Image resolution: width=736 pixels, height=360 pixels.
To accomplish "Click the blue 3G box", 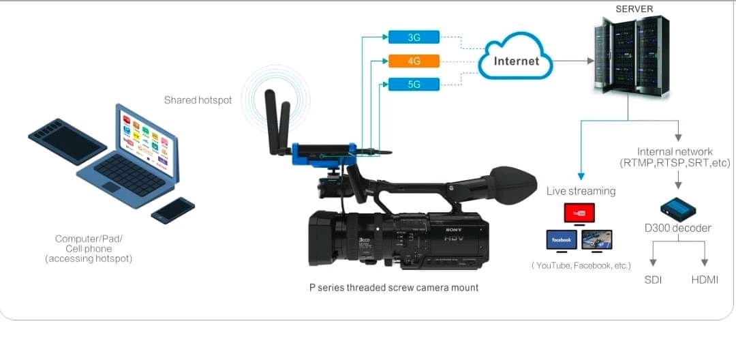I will [414, 37].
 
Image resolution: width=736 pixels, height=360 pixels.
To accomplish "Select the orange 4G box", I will [414, 61].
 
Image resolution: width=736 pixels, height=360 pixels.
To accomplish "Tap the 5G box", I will [414, 85].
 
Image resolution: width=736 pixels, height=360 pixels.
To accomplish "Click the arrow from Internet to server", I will [572, 61].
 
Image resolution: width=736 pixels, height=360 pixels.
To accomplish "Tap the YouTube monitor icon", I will [579, 213].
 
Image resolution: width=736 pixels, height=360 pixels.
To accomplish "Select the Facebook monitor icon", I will [562, 240].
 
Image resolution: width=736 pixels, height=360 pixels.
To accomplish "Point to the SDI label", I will [653, 280].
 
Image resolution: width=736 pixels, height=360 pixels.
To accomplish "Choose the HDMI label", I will [705, 280].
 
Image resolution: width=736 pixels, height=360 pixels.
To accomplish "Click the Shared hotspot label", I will [198, 100].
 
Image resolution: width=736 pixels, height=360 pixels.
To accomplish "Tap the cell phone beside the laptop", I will [173, 210].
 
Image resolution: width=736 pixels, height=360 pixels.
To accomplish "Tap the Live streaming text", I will [581, 191].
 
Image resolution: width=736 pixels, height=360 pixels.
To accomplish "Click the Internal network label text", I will [675, 157].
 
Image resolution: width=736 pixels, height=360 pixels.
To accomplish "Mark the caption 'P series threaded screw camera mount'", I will [394, 288].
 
